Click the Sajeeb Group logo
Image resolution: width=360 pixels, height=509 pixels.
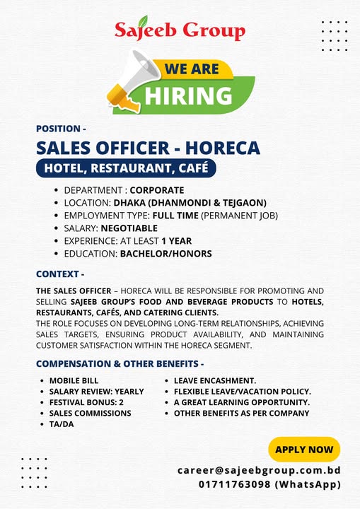click(x=180, y=30)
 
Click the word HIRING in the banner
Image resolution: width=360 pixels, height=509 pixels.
click(x=188, y=95)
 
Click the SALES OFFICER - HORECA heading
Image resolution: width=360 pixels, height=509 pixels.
click(x=148, y=148)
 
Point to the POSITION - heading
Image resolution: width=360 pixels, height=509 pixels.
click(x=61, y=129)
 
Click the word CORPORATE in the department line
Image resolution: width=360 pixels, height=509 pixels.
click(x=156, y=190)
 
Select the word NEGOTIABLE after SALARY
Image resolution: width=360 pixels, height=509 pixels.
click(x=129, y=228)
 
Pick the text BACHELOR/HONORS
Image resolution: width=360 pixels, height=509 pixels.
click(x=166, y=254)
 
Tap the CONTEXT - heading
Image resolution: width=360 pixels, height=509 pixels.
click(x=59, y=274)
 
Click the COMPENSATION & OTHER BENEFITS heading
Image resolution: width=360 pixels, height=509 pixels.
click(x=120, y=364)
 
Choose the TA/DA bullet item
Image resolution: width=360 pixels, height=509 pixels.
click(x=62, y=423)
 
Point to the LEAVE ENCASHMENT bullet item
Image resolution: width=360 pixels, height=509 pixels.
click(x=215, y=380)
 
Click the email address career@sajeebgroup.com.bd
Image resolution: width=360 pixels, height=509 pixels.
click(x=259, y=469)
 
